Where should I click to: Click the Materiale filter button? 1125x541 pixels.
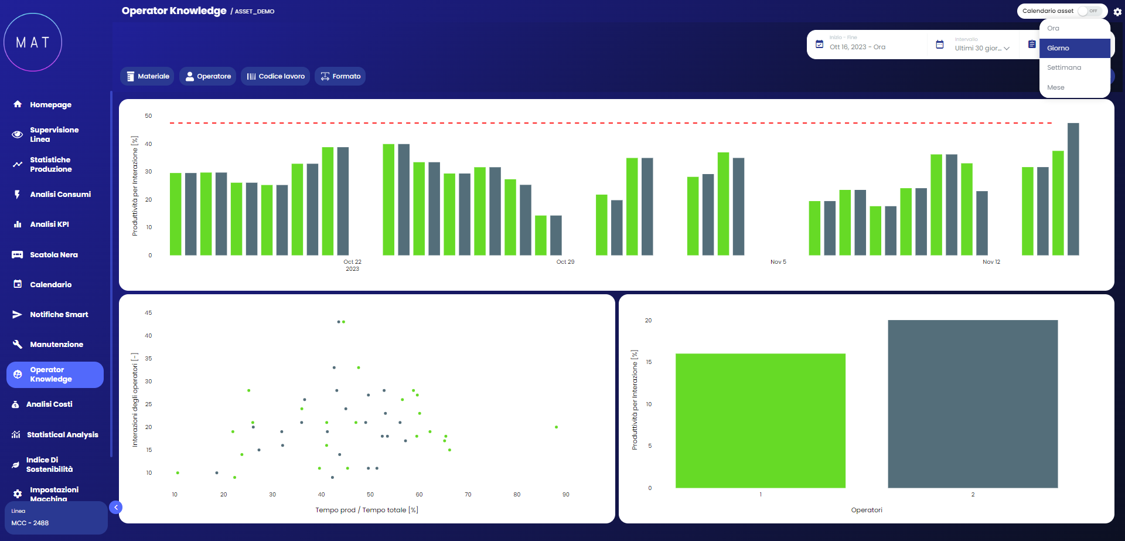[x=147, y=76]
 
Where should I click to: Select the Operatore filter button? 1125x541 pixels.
[x=207, y=76]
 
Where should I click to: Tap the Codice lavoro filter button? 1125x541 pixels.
[x=275, y=76]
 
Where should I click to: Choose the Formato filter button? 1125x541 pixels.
[x=340, y=76]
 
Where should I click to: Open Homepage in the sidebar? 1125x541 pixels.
[x=50, y=105]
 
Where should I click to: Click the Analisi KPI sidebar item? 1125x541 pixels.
[x=49, y=224]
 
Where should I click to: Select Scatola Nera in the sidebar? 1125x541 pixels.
[x=53, y=255]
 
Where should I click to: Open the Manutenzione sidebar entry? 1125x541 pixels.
[x=56, y=345]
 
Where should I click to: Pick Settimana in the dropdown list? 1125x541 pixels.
[x=1064, y=67]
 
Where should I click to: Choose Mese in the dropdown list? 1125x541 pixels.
[x=1056, y=87]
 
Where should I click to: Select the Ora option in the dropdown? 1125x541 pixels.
[x=1053, y=28]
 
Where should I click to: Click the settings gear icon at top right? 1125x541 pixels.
[x=1117, y=12]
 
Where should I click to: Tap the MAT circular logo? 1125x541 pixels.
[x=33, y=42]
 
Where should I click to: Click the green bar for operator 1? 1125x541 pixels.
[x=760, y=420]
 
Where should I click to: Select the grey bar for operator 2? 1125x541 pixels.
[x=972, y=404]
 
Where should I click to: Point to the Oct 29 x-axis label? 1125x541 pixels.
[x=565, y=262]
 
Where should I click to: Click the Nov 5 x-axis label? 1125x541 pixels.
[x=778, y=262]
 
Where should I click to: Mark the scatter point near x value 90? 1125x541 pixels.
[x=556, y=427]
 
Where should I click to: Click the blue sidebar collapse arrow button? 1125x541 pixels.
[x=116, y=508]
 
